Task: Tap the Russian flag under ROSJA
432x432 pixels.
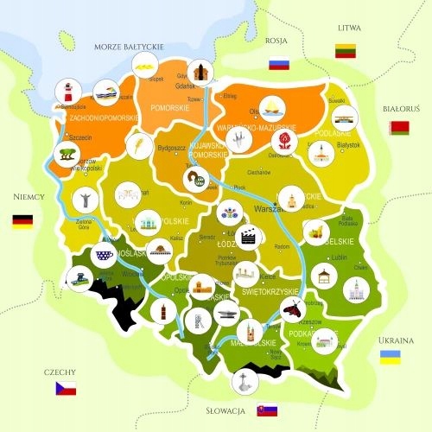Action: pyautogui.click(x=278, y=64)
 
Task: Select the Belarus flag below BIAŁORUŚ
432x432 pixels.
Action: pyautogui.click(x=398, y=129)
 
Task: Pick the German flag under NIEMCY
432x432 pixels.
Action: pyautogui.click(x=22, y=220)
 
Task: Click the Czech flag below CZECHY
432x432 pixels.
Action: pyautogui.click(x=66, y=389)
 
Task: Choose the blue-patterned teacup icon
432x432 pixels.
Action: pyautogui.click(x=105, y=256)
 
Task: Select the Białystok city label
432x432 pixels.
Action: pyautogui.click(x=348, y=146)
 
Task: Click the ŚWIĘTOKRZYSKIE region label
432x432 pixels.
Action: pyautogui.click(x=276, y=293)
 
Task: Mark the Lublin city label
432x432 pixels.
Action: pyautogui.click(x=339, y=257)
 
